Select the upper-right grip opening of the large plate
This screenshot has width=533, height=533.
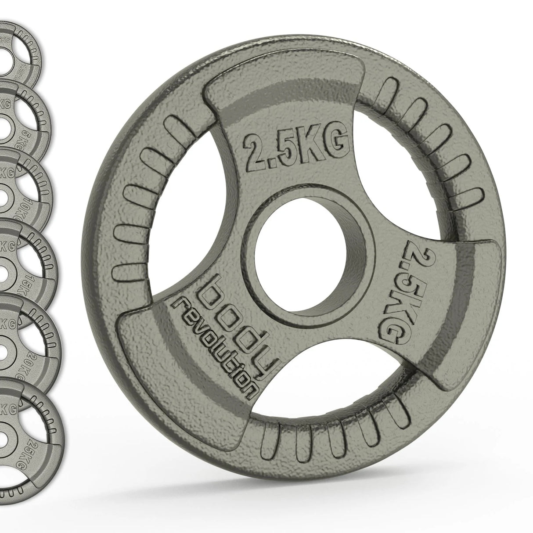[x=395, y=176]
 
